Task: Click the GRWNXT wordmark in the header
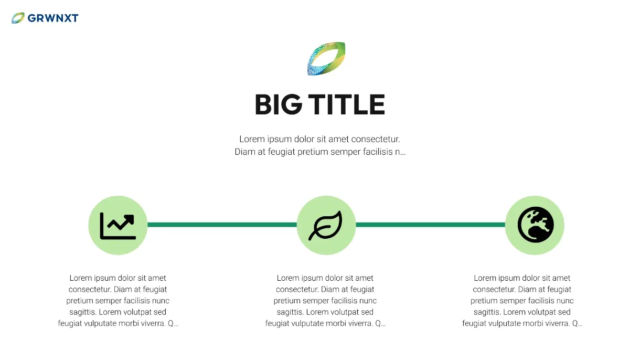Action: coord(52,18)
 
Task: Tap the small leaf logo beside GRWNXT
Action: coord(18,18)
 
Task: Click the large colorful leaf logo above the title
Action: coord(326,58)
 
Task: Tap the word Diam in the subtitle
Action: coord(244,152)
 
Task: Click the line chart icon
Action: coord(118,226)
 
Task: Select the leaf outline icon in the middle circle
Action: coord(325,226)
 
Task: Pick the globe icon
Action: coord(535,225)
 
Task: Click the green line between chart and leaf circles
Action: coord(221,225)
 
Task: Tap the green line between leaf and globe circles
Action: coord(430,225)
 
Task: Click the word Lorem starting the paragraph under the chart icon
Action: coord(80,278)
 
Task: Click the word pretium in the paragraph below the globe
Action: coord(485,301)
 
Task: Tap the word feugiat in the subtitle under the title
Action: coord(278,152)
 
